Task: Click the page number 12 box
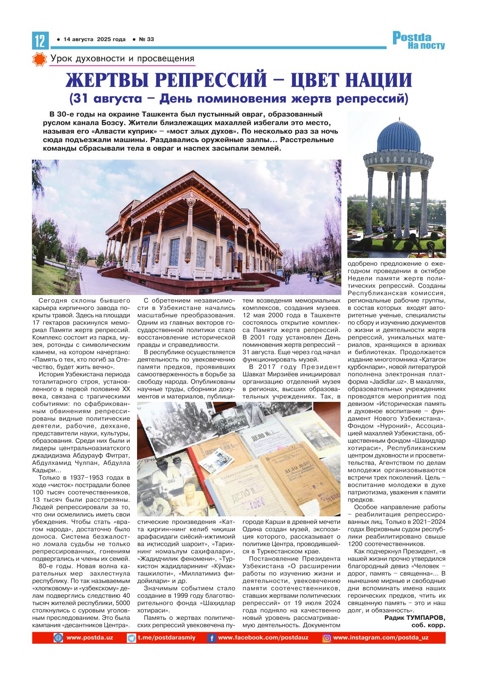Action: (39, 41)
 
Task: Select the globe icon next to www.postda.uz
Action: (58, 638)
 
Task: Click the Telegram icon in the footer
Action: (132, 638)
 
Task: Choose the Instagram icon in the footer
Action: (327, 638)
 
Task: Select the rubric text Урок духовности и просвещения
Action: (122, 59)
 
